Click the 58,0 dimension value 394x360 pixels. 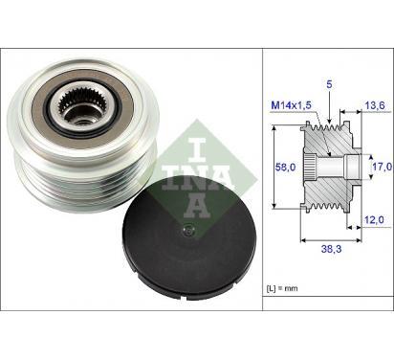[x=285, y=168]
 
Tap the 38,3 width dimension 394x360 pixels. [x=331, y=249]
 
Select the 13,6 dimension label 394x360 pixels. [x=375, y=105]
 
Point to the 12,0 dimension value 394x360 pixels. [x=374, y=220]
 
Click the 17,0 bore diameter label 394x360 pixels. [x=383, y=167]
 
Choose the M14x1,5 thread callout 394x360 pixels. [x=291, y=105]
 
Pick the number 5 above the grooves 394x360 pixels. [x=329, y=84]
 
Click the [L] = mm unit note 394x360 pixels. [x=282, y=288]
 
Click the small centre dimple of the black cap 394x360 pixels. [x=189, y=230]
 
